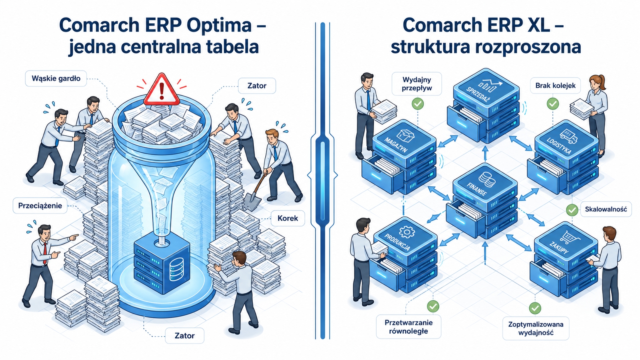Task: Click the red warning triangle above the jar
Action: click(x=162, y=89)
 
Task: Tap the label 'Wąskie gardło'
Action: click(x=56, y=79)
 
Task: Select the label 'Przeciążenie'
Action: click(x=40, y=206)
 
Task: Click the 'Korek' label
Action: click(x=288, y=218)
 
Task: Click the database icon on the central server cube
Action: click(x=176, y=269)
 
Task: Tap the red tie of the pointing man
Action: click(x=45, y=253)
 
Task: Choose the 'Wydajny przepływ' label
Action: click(x=417, y=84)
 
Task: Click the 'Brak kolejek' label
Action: click(x=555, y=86)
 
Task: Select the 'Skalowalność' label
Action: click(x=606, y=209)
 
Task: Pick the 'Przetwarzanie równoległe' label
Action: click(x=408, y=327)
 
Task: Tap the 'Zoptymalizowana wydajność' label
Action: click(x=536, y=328)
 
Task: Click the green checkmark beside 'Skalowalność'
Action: click(x=572, y=210)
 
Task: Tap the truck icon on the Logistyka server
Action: click(x=568, y=136)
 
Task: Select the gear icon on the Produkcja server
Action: click(x=407, y=232)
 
